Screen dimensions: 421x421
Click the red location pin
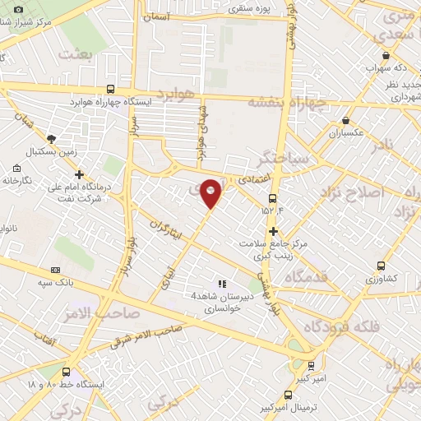[212, 192]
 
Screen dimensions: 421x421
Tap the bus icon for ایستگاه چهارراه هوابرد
[111, 89]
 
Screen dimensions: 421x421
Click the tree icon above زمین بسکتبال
[52, 139]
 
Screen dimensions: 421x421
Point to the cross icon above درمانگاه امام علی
[79, 174]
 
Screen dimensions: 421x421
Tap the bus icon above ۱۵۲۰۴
[273, 198]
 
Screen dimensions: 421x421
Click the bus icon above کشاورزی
[381, 266]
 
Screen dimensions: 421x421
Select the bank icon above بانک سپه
[56, 270]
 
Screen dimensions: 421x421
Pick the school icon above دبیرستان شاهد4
[220, 283]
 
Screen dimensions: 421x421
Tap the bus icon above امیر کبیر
[310, 365]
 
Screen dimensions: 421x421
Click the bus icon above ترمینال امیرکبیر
[287, 395]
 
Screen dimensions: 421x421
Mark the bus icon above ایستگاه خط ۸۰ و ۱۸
[66, 372]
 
